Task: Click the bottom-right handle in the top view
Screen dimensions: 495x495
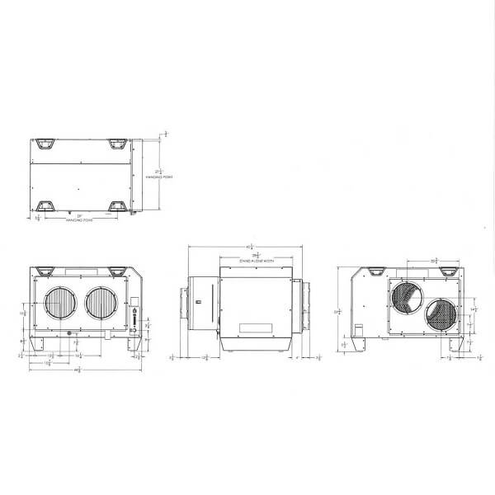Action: (x=116, y=205)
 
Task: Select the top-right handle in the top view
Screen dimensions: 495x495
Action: (x=116, y=144)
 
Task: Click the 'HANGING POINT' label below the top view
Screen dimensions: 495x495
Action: (x=80, y=221)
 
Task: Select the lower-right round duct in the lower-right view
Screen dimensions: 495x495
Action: (x=441, y=316)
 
